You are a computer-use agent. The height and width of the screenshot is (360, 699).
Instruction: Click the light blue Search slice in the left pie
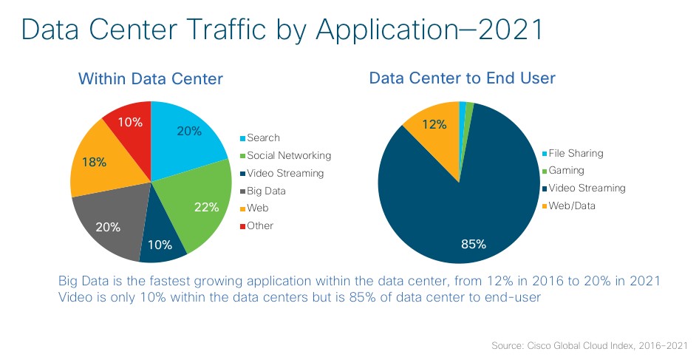tap(185, 133)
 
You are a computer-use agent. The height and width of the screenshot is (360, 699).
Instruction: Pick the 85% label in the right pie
tap(473, 244)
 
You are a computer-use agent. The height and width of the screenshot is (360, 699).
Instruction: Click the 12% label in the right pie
tap(434, 125)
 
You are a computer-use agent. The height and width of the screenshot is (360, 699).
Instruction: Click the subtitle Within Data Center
tap(151, 78)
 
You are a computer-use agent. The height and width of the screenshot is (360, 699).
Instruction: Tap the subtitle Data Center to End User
tap(462, 78)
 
